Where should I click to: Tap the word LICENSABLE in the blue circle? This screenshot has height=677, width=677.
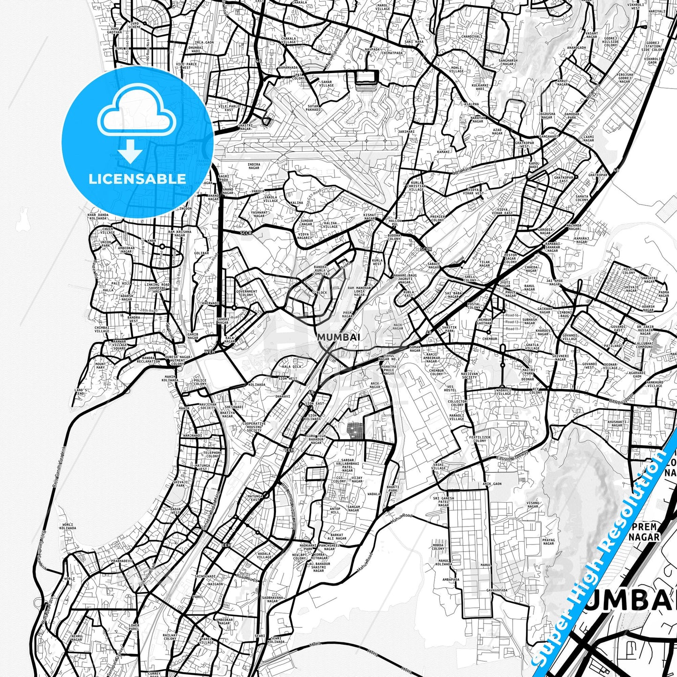[x=137, y=179]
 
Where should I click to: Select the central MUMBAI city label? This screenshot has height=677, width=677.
[x=338, y=337]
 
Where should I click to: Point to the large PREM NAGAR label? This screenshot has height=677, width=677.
[x=644, y=532]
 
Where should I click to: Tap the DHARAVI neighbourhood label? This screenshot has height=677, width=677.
[x=283, y=396]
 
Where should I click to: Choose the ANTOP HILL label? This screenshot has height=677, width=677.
[x=335, y=511]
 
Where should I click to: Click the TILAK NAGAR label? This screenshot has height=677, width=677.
[x=485, y=264]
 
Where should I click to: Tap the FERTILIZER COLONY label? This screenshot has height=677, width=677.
[x=480, y=439]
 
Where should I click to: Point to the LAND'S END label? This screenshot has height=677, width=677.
[x=81, y=392]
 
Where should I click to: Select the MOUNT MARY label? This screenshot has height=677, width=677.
[x=100, y=365]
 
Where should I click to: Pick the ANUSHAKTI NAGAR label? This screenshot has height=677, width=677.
[x=617, y=424]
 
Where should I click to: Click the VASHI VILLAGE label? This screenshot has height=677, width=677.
[x=439, y=466]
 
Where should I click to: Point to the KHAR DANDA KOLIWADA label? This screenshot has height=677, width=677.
[x=98, y=216]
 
